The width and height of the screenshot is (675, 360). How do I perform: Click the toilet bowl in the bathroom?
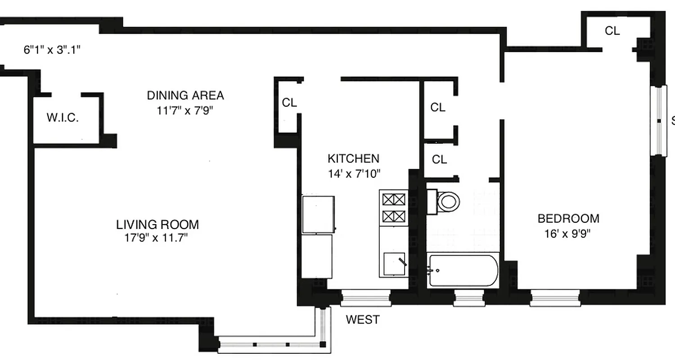(448, 201)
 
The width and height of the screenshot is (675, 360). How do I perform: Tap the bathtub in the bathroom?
(463, 270)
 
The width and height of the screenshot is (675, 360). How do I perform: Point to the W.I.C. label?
(63, 118)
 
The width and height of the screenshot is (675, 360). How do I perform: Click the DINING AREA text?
(185, 95)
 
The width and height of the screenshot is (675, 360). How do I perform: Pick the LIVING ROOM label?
(157, 224)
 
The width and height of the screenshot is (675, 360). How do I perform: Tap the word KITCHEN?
(353, 158)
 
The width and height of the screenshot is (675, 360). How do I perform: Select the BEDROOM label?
(568, 219)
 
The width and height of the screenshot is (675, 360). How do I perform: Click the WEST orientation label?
(363, 320)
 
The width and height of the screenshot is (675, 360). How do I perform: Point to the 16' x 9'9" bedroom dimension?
(568, 234)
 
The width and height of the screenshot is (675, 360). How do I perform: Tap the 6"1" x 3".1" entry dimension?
(52, 49)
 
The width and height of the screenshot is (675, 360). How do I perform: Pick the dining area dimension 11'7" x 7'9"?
(184, 110)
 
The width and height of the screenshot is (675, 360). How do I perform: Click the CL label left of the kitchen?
(289, 103)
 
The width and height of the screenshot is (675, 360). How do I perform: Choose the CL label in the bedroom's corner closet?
(612, 31)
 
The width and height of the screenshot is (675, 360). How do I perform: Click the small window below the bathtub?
(468, 298)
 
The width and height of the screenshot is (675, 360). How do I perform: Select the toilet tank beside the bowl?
(431, 202)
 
